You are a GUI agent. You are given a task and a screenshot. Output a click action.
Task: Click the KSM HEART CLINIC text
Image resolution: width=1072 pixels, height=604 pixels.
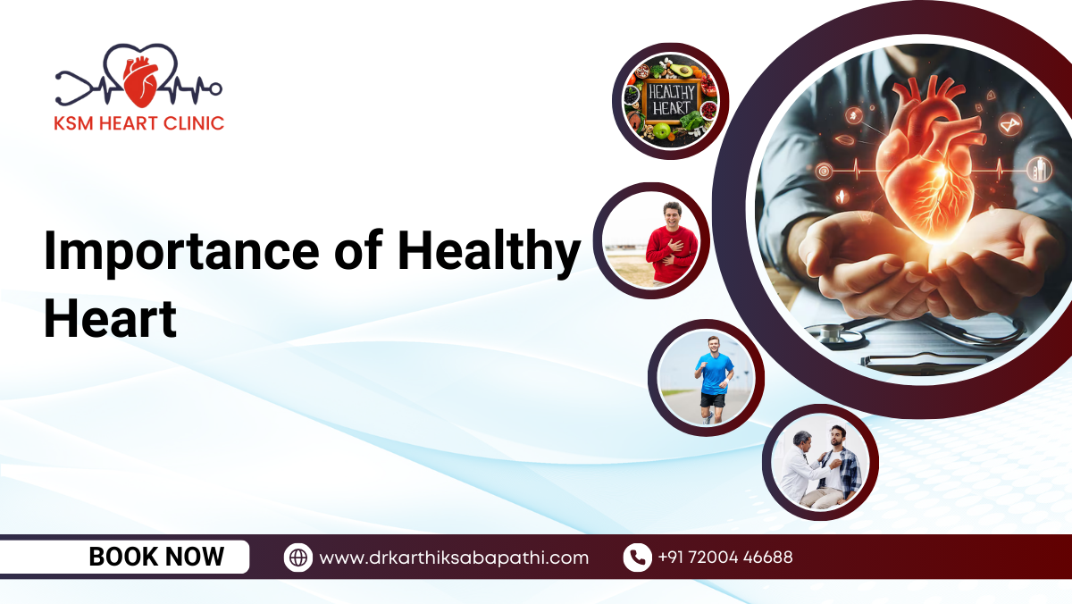click(x=138, y=123)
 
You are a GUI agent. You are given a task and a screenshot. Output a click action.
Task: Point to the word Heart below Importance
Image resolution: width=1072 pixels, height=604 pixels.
click(x=109, y=319)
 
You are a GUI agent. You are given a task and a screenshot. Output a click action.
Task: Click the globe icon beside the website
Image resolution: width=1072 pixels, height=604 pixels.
click(x=298, y=558)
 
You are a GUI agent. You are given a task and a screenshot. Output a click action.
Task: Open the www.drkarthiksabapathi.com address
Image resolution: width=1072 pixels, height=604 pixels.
click(x=454, y=558)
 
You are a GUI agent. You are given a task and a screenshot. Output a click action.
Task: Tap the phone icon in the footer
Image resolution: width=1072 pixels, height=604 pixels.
click(x=637, y=558)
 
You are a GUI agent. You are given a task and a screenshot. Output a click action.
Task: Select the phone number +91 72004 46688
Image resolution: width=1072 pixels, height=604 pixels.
click(x=724, y=558)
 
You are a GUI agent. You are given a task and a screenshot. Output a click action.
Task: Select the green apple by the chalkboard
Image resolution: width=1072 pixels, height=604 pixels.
click(x=661, y=131)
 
